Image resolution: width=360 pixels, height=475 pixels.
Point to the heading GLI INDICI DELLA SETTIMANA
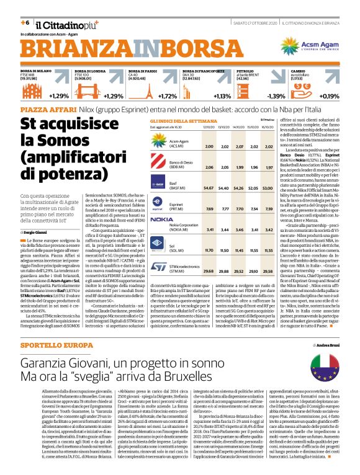coord(181,120)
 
